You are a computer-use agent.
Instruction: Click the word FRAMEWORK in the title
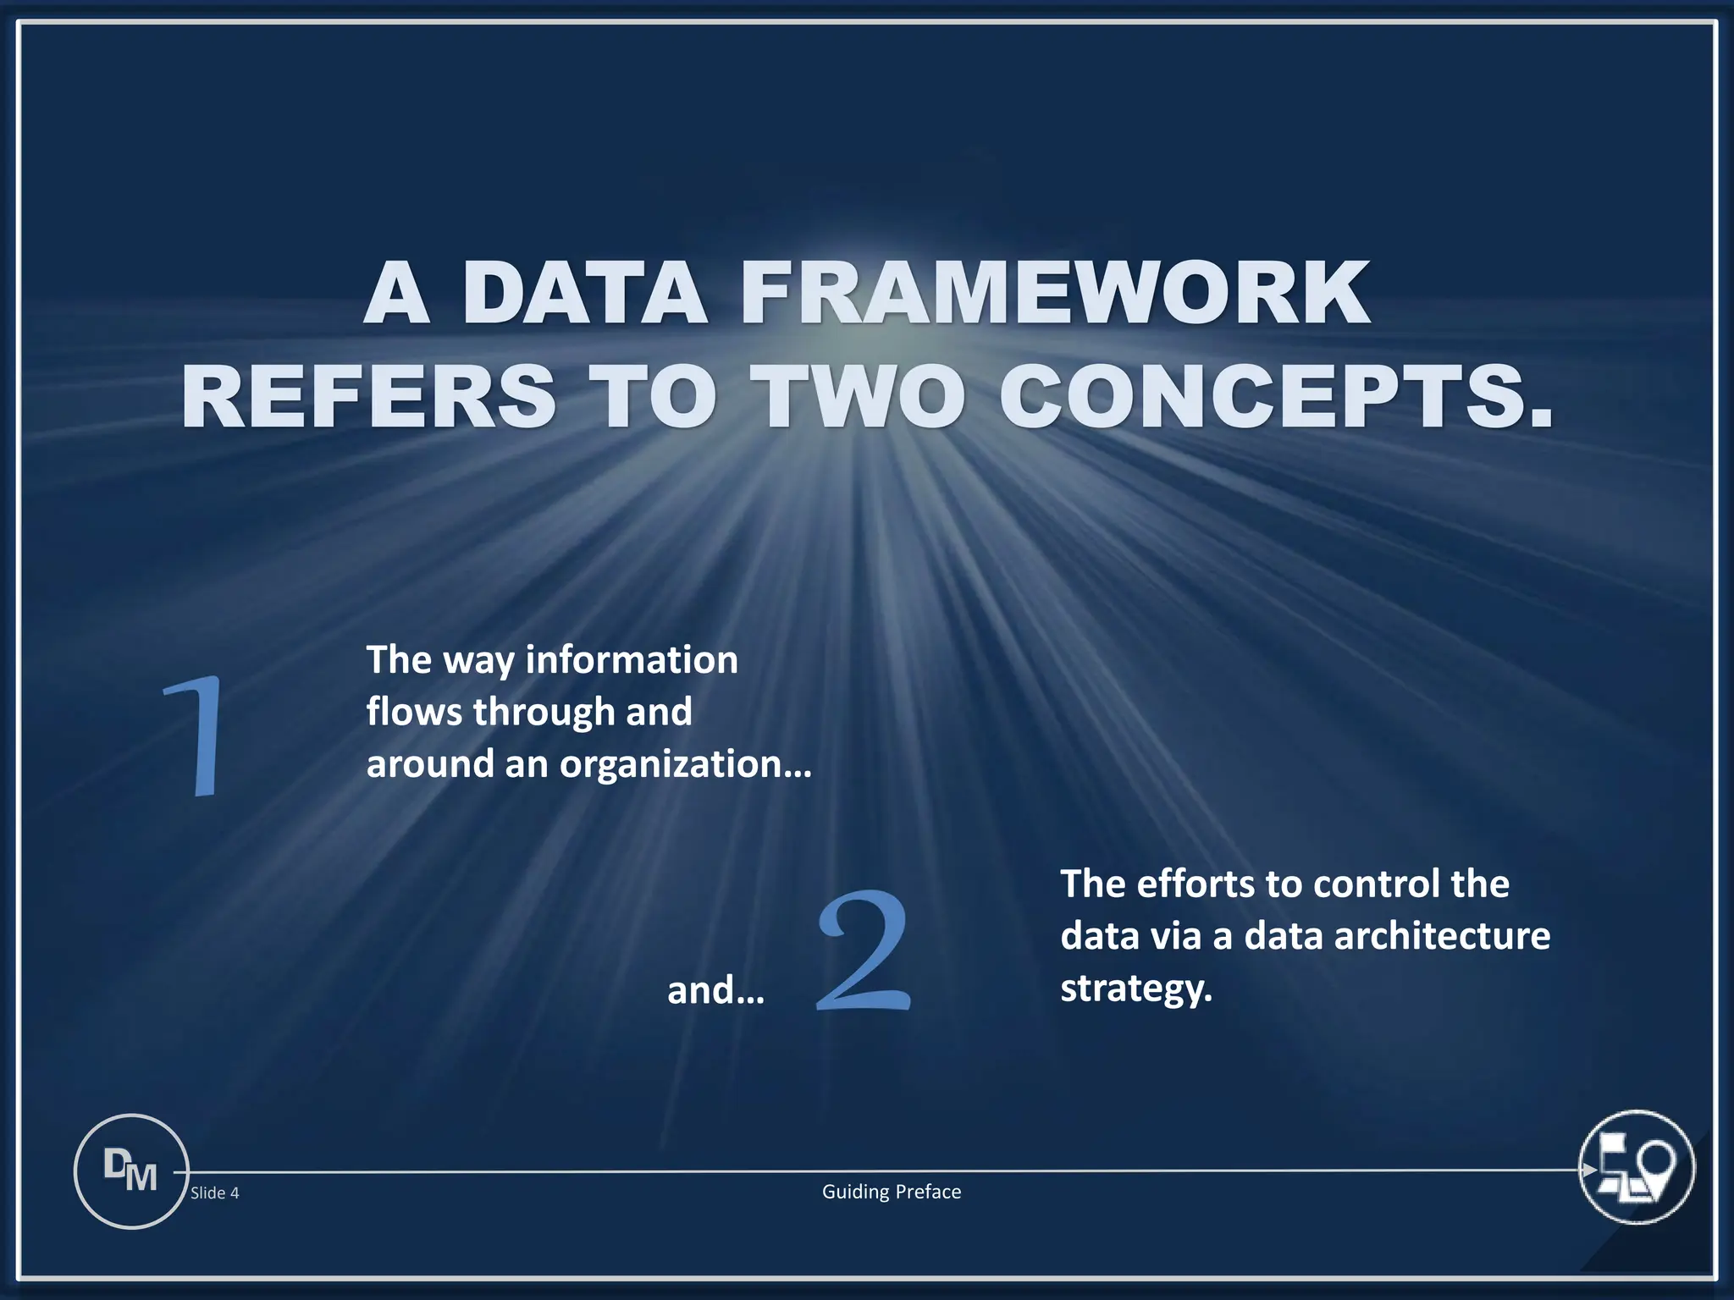1054,293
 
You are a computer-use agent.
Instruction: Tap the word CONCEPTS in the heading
1276,396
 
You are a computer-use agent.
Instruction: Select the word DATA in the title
584,293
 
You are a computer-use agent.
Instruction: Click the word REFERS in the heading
368,396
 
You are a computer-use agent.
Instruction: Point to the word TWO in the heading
857,396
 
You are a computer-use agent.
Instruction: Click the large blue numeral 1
197,735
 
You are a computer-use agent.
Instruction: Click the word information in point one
632,659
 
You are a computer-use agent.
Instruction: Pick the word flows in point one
414,712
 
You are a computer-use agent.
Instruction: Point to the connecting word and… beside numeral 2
715,990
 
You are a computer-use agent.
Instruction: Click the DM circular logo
131,1171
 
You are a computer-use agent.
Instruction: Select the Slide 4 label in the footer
214,1193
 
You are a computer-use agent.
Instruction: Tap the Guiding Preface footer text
892,1192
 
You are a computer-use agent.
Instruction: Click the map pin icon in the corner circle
1655,1166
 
